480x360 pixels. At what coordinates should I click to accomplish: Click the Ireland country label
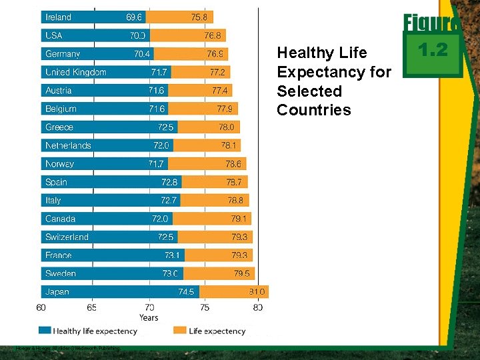(x=58, y=17)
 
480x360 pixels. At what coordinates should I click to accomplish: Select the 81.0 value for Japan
(x=257, y=291)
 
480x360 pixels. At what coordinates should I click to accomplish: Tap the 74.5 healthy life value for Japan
(x=186, y=291)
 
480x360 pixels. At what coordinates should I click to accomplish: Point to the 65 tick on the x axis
(x=91, y=307)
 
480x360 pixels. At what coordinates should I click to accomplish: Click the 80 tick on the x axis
(x=258, y=307)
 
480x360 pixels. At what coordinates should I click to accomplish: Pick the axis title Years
(x=149, y=317)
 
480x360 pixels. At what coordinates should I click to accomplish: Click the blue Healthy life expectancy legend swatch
(x=45, y=330)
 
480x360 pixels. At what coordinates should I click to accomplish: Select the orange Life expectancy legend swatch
(x=179, y=330)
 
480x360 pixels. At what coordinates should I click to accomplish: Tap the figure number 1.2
(x=432, y=51)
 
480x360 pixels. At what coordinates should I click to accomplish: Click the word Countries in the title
(x=313, y=110)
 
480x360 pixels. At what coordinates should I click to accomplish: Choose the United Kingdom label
(x=76, y=72)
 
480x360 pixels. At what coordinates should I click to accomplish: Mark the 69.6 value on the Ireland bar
(x=134, y=17)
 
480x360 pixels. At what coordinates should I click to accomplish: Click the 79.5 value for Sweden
(x=242, y=273)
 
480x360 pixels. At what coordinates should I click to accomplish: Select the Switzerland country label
(x=67, y=237)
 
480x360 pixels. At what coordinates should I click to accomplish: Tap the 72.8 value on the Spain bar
(x=169, y=182)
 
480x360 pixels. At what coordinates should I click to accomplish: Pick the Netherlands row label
(x=68, y=145)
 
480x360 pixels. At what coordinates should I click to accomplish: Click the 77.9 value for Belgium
(x=225, y=109)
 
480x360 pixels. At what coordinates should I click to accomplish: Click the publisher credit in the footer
(x=69, y=348)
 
